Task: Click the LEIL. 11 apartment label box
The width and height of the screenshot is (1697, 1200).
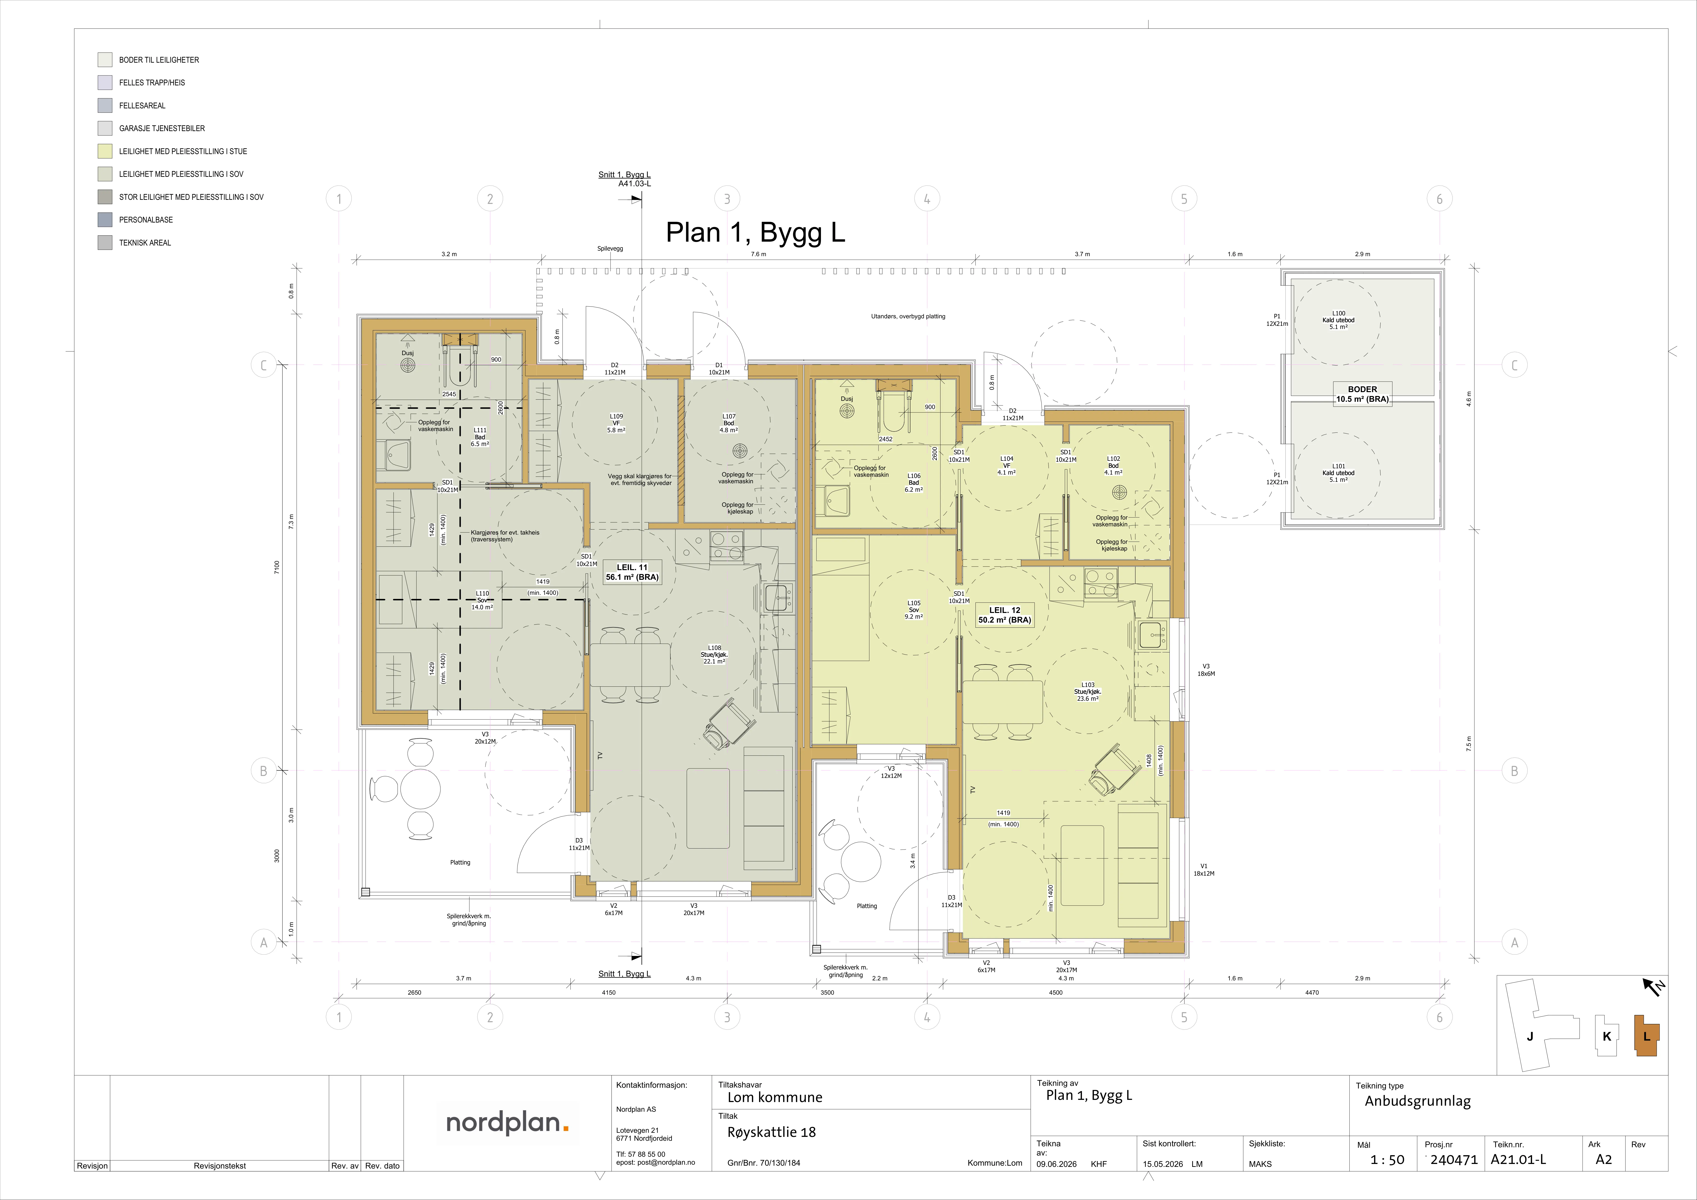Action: click(x=632, y=572)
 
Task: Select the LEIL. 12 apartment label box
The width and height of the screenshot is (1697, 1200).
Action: click(x=1005, y=615)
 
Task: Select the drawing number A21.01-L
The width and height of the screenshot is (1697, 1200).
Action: click(x=1518, y=1159)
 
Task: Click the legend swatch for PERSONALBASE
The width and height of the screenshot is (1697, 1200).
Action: click(x=105, y=220)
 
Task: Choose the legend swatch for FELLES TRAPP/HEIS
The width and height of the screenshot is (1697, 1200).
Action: click(x=105, y=82)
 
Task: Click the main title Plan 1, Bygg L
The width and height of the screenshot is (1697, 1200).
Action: click(x=755, y=232)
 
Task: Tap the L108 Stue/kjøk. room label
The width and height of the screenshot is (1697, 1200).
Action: click(x=714, y=654)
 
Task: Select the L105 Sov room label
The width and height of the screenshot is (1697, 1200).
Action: click(x=914, y=610)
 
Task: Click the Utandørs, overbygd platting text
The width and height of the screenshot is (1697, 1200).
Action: click(x=908, y=316)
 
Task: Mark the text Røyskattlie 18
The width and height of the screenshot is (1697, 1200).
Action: click(x=772, y=1132)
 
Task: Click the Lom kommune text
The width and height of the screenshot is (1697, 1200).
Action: click(x=774, y=1097)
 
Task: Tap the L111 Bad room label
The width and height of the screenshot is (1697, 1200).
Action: click(x=480, y=437)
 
